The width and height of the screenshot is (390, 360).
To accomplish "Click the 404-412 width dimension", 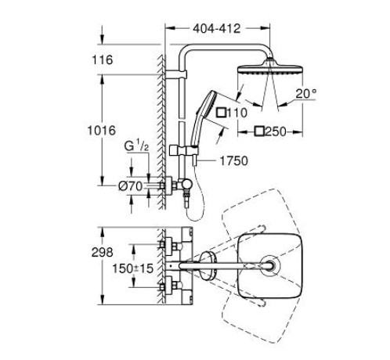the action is point(216,28).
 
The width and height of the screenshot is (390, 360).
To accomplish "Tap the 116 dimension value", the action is point(103,60).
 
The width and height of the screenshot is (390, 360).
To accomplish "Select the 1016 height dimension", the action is point(101,131).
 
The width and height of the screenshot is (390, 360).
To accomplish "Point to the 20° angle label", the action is point(306,94).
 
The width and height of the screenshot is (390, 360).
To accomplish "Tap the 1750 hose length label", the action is point(233,161).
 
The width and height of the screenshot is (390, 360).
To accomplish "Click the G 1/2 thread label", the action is point(136,146).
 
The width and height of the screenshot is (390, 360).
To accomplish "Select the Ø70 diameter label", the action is point(130,186).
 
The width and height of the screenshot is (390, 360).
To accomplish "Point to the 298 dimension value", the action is point(103,253).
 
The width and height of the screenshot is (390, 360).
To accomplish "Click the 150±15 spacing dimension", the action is point(132,268).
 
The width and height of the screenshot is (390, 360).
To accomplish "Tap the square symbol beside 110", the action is point(222,113).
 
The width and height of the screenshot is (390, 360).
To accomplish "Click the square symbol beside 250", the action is point(260,131).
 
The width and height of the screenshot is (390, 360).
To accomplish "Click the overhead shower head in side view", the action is point(270,67).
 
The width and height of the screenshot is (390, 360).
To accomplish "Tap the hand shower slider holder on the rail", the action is point(184,151).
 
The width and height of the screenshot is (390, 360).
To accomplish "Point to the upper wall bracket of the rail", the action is point(176,74).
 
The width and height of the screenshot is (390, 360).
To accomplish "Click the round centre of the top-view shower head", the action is point(270,266).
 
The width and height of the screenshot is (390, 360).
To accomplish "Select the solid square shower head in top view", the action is point(270,266).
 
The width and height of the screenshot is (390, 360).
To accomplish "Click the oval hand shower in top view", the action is point(208,266).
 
